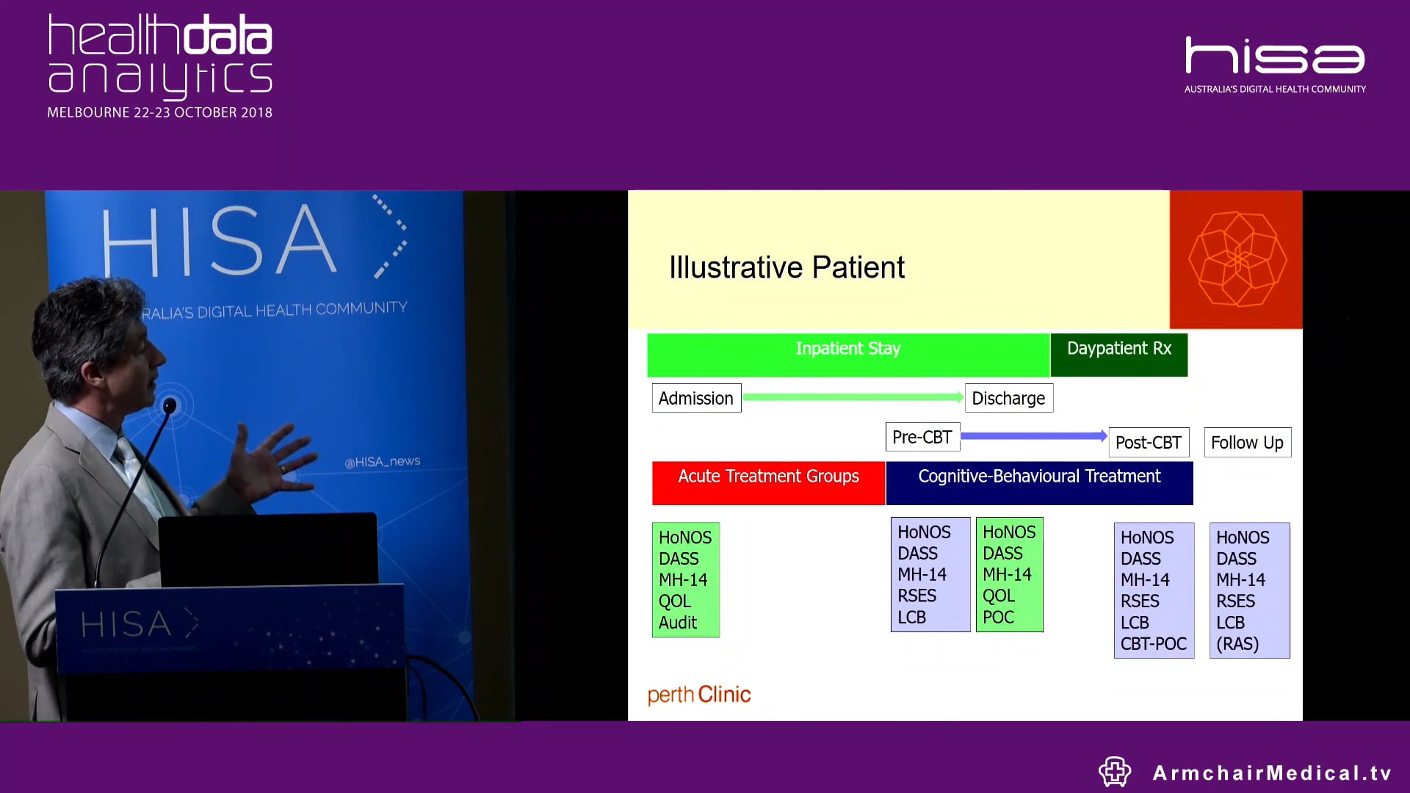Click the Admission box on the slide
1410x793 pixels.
tap(696, 398)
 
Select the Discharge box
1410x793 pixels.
tap(1008, 398)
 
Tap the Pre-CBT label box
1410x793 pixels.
tap(922, 437)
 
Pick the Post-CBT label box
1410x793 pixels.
tap(1149, 443)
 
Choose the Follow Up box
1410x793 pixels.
tap(1247, 443)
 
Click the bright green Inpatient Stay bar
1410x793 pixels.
tap(848, 355)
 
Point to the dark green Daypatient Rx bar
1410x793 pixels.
tap(1119, 355)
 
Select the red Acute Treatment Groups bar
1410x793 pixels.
tap(768, 483)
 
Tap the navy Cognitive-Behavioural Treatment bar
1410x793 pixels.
tap(1039, 483)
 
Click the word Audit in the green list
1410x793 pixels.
tap(678, 623)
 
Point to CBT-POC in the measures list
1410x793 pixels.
tap(1154, 644)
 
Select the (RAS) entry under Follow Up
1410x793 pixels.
tap(1237, 644)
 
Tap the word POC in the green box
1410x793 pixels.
tap(998, 618)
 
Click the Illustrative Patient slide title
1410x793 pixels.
tap(787, 267)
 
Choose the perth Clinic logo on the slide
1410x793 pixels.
tap(699, 695)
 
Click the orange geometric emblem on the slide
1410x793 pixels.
tap(1237, 259)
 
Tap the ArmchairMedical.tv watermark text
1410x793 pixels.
tap(1273, 773)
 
